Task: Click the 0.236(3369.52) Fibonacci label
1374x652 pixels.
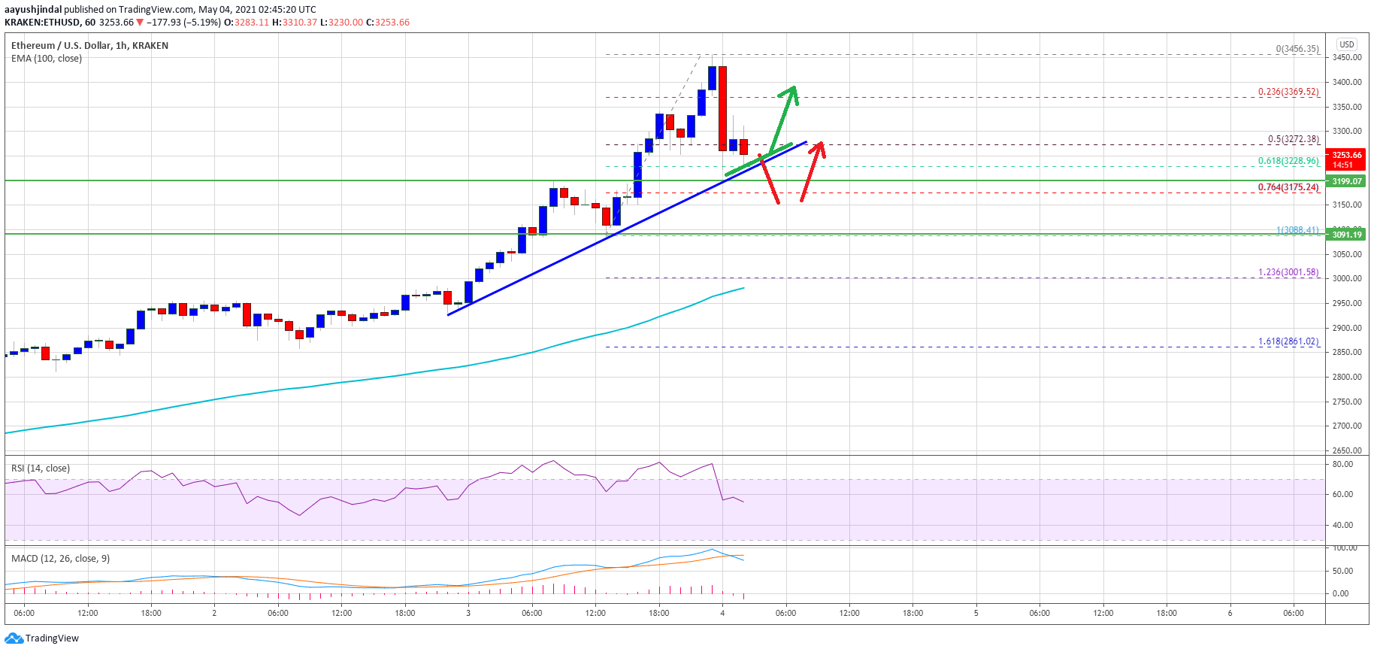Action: pyautogui.click(x=1288, y=92)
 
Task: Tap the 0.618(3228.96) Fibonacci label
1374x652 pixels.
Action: pyautogui.click(x=1288, y=161)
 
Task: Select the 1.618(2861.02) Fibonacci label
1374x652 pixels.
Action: pyautogui.click(x=1288, y=341)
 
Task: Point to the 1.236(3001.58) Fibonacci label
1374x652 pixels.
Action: pyautogui.click(x=1288, y=272)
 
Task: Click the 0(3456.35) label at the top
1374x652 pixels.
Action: pyautogui.click(x=1297, y=49)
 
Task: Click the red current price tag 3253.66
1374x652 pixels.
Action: pyautogui.click(x=1347, y=159)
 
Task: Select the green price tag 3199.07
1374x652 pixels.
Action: pyautogui.click(x=1347, y=181)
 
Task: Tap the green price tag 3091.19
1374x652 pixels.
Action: pyautogui.click(x=1347, y=235)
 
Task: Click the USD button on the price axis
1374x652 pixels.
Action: pyautogui.click(x=1346, y=44)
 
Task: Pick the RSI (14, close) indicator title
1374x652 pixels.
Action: pyautogui.click(x=41, y=469)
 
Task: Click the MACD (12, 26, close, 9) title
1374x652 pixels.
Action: pyautogui.click(x=60, y=559)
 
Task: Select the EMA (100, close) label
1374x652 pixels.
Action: pyautogui.click(x=47, y=59)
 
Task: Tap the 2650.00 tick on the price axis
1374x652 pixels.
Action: pyautogui.click(x=1347, y=450)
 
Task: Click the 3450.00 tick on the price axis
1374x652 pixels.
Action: pyautogui.click(x=1347, y=57)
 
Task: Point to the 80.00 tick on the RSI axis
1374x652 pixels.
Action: pyautogui.click(x=1342, y=464)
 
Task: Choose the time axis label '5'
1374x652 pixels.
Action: pyautogui.click(x=976, y=613)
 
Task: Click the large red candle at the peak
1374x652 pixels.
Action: pyautogui.click(x=722, y=108)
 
